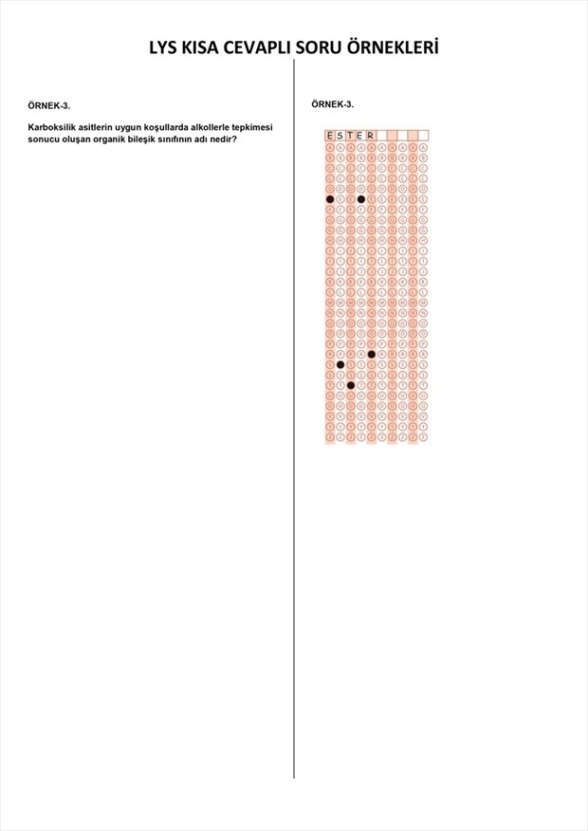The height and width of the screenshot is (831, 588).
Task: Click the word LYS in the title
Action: click(166, 48)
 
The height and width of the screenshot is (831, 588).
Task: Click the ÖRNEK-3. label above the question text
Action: click(49, 104)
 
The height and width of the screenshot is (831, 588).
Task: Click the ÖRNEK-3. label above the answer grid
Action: click(333, 104)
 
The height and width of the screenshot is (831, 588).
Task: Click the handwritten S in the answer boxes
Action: click(340, 135)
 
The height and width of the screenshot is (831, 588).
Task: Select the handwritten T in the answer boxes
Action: click(351, 135)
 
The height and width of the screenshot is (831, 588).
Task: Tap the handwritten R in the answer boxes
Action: click(371, 135)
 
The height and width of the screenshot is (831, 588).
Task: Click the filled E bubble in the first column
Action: click(330, 199)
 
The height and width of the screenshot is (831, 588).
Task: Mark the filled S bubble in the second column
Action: click(340, 364)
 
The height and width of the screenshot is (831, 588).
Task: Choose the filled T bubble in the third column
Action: click(351, 385)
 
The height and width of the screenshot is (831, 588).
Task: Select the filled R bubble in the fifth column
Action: click(371, 354)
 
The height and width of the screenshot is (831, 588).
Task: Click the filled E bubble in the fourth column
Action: click(360, 199)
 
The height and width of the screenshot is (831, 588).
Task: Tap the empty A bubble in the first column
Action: click(330, 148)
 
